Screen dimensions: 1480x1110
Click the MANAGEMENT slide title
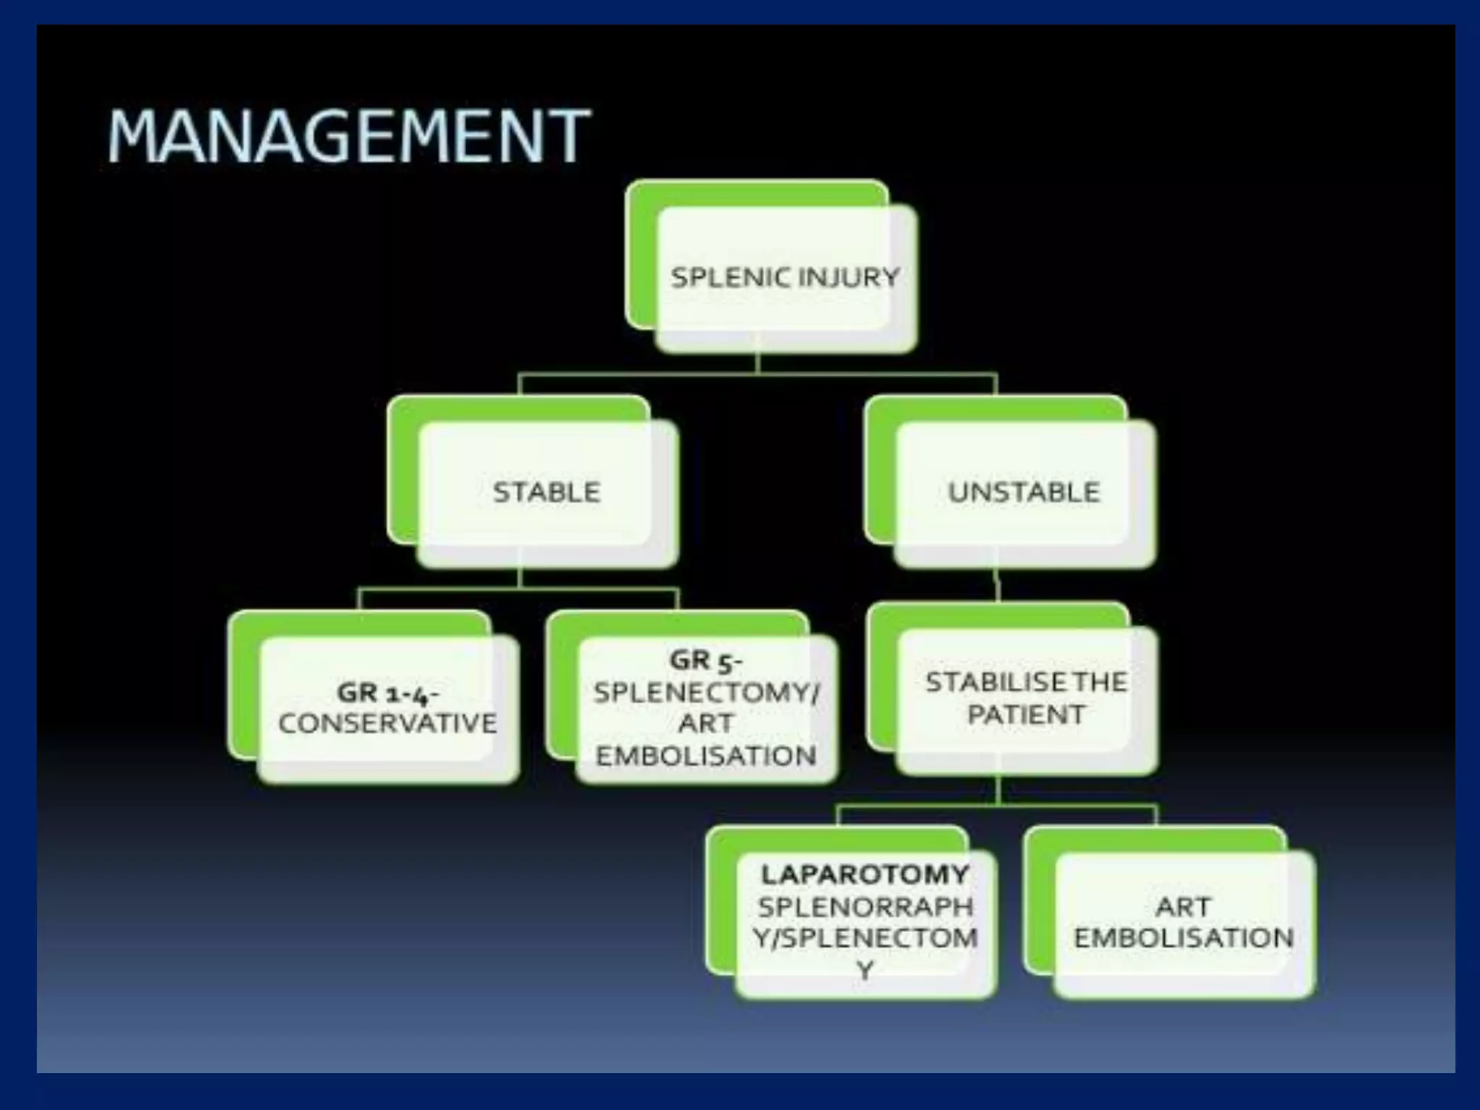[349, 135]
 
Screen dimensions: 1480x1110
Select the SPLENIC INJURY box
[785, 277]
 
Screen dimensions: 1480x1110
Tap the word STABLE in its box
[546, 492]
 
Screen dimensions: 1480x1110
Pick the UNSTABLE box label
[1023, 492]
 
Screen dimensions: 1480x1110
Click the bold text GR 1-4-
[387, 693]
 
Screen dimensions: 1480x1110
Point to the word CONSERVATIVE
[387, 723]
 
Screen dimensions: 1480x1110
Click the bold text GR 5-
[705, 660]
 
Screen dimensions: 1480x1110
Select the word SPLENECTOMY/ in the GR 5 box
[706, 692]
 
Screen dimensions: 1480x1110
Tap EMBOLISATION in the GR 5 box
[705, 756]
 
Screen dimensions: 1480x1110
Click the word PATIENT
[1026, 715]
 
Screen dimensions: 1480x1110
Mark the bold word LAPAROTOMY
[864, 874]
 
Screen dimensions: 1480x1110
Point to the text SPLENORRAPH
[865, 906]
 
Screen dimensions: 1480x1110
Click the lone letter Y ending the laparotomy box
[865, 970]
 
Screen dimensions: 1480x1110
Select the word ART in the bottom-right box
[1183, 906]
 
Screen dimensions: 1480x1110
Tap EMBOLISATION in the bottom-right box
[1183, 938]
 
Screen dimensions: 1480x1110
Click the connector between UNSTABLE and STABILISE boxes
[998, 585]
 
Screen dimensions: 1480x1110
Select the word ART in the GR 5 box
[705, 723]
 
